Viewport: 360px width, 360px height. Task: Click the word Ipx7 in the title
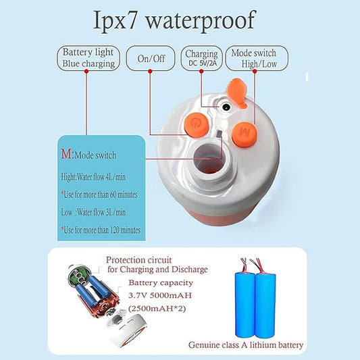click(115, 21)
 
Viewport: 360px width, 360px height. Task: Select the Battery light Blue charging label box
click(88, 58)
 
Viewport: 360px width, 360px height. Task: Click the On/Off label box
click(151, 58)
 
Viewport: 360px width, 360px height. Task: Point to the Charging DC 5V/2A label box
click(201, 58)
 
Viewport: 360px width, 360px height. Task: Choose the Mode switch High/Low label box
click(257, 58)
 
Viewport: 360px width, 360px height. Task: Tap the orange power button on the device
click(197, 125)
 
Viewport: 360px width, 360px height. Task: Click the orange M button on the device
click(245, 134)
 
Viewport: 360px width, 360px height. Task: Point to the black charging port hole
click(226, 107)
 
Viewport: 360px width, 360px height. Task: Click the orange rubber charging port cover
click(237, 93)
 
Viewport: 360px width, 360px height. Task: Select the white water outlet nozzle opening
click(209, 159)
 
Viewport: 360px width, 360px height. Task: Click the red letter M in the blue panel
click(67, 154)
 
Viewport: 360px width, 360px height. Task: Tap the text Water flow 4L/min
click(101, 177)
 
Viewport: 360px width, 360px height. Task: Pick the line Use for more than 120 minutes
click(101, 230)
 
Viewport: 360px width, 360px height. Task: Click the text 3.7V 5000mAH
click(160, 295)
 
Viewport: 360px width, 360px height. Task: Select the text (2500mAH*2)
click(157, 309)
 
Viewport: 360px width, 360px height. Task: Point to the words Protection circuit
click(138, 260)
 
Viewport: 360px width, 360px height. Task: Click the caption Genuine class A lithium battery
click(246, 345)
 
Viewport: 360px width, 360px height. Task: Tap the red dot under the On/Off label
click(150, 72)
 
